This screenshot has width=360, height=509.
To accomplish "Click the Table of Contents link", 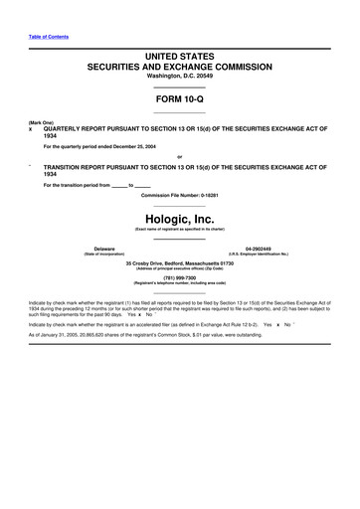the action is click(49, 37).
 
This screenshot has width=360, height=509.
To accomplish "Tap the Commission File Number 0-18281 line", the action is click(180, 195).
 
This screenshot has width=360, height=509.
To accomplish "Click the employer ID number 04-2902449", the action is click(259, 248).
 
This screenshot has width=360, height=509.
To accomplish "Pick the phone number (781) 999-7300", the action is click(180, 277).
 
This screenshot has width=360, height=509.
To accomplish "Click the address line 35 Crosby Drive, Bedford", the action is click(180, 262).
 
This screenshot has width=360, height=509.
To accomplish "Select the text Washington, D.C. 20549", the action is click(180, 76).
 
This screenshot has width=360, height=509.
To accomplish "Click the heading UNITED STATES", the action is click(180, 52).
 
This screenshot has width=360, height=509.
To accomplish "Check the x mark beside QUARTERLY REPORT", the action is click(32, 129).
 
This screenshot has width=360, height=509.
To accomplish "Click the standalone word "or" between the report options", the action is click(179, 157).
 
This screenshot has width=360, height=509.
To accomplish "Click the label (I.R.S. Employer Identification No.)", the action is click(259, 254).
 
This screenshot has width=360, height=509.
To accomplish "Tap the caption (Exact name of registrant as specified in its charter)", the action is click(180, 228).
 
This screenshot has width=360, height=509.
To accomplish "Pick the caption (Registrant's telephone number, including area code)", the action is click(180, 284).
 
